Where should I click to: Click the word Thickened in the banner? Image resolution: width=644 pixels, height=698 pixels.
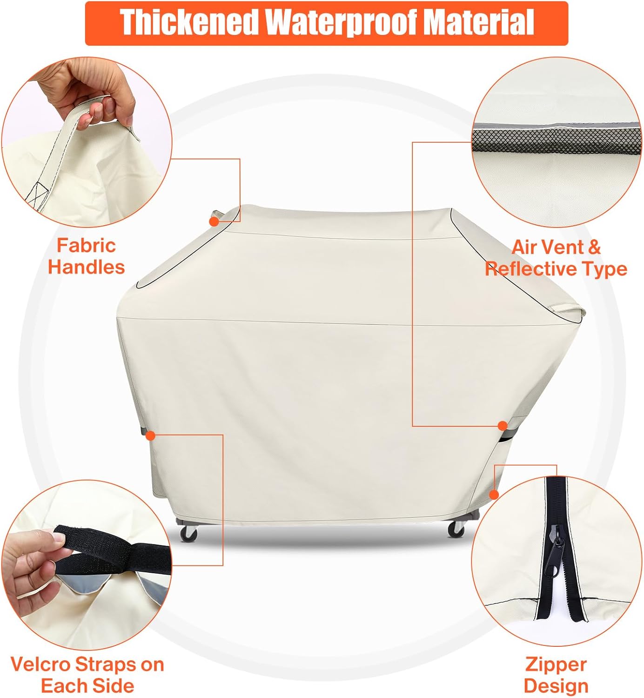(x=189, y=22)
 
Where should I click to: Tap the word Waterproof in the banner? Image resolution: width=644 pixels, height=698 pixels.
(x=341, y=23)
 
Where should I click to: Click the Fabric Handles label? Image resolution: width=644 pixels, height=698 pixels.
(x=87, y=256)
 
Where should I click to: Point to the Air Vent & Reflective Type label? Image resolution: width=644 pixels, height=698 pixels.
(x=556, y=258)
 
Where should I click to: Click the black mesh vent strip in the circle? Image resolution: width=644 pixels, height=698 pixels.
(x=556, y=141)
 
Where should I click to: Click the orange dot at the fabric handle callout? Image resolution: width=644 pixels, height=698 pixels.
(x=214, y=221)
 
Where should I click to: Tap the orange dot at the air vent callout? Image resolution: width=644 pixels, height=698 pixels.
(x=503, y=426)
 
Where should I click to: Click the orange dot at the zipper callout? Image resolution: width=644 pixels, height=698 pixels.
(x=494, y=495)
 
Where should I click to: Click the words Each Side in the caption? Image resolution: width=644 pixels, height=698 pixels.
(x=88, y=685)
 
